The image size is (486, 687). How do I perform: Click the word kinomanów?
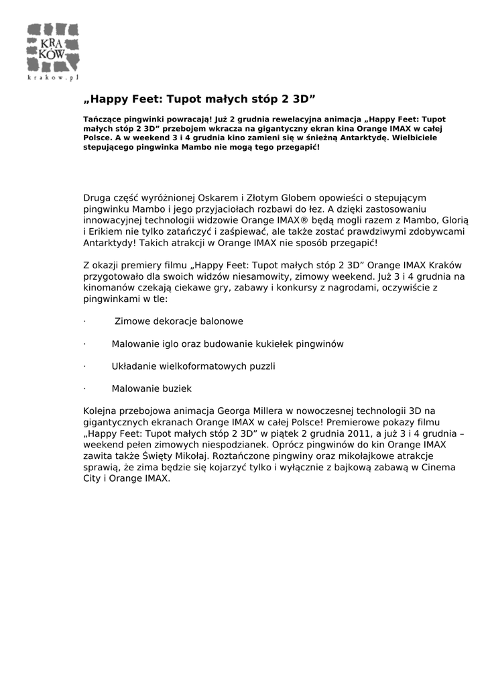coord(107,288)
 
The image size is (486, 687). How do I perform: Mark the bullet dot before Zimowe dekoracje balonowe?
coord(84,321)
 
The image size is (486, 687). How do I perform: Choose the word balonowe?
coord(221,321)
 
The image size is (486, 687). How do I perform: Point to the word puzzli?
coord(261,366)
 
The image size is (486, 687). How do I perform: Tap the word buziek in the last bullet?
coord(177,388)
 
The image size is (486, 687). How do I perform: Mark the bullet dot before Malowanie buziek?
coord(84,388)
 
